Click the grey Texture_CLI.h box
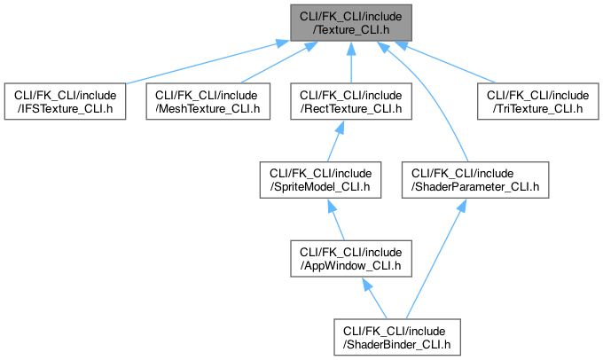tap(351, 23)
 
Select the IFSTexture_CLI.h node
tap(65, 101)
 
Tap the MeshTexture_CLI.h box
tap(208, 101)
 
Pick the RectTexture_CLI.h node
tap(351, 101)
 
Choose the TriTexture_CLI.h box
tap(538, 101)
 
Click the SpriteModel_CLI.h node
tap(320, 180)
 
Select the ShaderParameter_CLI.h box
tap(475, 180)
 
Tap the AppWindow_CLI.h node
tap(351, 258)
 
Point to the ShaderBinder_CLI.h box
tap(397, 337)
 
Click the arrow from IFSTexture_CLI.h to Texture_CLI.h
tap(207, 62)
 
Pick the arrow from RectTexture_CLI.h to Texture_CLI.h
tap(351, 62)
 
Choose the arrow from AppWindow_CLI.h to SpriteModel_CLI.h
tap(336, 219)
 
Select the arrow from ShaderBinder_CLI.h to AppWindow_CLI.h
tap(374, 298)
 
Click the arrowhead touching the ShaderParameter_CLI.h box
tap(461, 205)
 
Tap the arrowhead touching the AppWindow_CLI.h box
tap(366, 284)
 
